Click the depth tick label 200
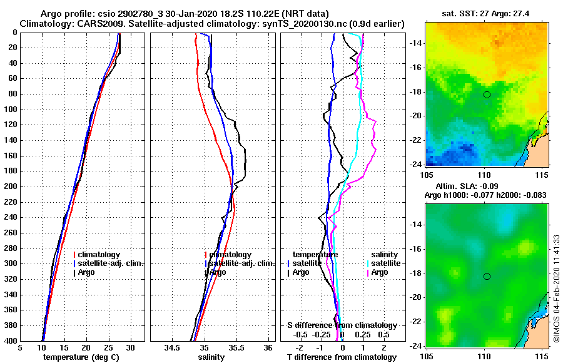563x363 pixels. click(10, 187)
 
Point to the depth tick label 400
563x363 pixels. click(10, 340)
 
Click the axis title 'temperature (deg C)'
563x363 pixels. click(81, 357)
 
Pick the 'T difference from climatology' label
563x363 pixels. click(342, 357)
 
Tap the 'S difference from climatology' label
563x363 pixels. click(342, 325)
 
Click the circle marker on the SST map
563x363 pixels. click(487, 95)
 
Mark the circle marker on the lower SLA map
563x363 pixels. click(487, 276)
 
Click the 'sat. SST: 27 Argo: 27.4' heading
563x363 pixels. click(486, 13)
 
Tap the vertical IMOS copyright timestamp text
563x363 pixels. click(556, 293)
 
